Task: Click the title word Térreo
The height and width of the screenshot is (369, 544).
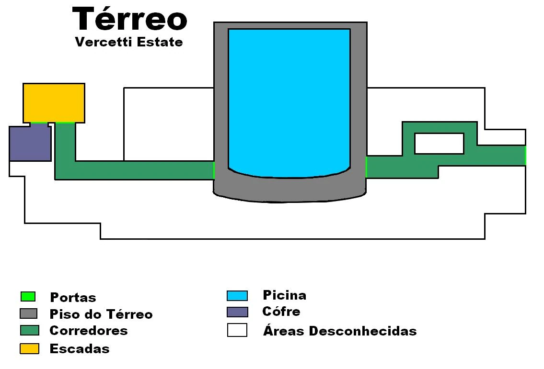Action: click(x=129, y=20)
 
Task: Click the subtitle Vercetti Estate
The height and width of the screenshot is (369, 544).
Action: click(x=129, y=42)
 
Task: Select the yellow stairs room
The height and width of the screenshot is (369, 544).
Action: click(x=54, y=103)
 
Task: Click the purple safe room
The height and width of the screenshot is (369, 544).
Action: click(x=30, y=143)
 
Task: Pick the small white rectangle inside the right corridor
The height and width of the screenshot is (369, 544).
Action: click(x=439, y=144)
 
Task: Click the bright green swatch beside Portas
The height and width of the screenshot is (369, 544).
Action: click(x=28, y=297)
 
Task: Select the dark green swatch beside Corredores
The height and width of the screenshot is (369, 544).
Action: click(x=29, y=330)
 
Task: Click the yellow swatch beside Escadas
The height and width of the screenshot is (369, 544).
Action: click(x=29, y=349)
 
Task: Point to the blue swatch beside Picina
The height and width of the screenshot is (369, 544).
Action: click(x=237, y=296)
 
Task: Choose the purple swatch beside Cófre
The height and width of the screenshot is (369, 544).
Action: click(x=237, y=312)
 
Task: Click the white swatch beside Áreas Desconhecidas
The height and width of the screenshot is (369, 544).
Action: click(x=237, y=330)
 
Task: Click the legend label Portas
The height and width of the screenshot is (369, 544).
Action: click(x=73, y=298)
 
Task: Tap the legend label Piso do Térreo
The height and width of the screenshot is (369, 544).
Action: click(x=101, y=314)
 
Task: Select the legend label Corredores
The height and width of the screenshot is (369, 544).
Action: click(x=89, y=331)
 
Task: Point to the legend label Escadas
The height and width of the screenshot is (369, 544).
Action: click(x=80, y=349)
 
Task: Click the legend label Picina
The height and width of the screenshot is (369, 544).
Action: click(x=284, y=295)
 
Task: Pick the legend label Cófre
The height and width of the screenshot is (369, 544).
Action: click(x=281, y=312)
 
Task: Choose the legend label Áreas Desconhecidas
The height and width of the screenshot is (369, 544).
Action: click(x=339, y=331)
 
